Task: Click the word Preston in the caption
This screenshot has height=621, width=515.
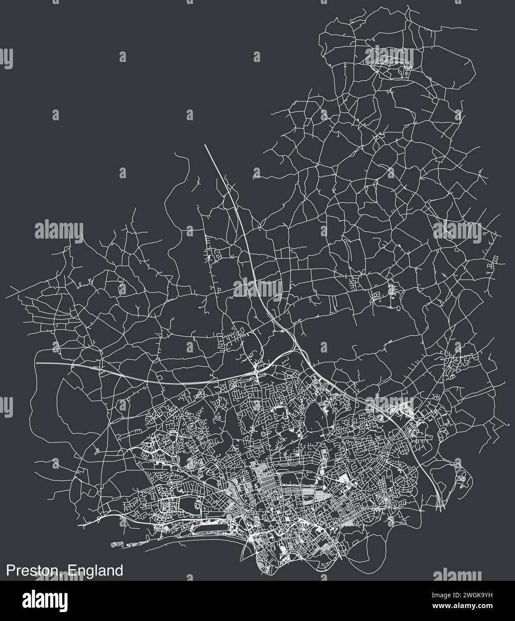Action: [33, 571]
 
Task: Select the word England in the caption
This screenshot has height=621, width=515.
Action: [95, 571]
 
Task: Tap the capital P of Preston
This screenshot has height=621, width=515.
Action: [10, 571]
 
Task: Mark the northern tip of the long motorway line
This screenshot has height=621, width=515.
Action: [205, 145]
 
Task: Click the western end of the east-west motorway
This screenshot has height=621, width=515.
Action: [37, 363]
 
